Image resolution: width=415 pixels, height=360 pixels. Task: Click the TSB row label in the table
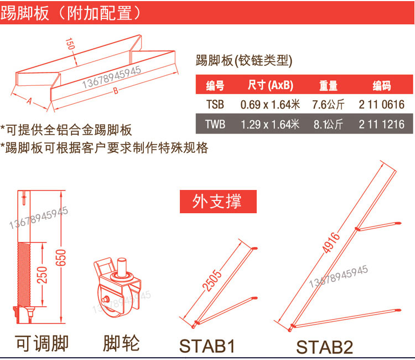click(215, 104)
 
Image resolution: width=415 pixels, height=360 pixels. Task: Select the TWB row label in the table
click(215, 124)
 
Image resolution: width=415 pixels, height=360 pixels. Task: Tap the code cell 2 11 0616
click(381, 104)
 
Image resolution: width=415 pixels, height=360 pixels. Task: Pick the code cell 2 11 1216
click(381, 124)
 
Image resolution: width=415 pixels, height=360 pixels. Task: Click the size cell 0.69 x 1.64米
click(270, 104)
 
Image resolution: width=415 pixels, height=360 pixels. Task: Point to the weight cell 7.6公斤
click(328, 104)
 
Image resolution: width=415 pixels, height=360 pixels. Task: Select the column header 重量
click(328, 85)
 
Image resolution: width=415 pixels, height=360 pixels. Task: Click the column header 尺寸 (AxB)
click(270, 85)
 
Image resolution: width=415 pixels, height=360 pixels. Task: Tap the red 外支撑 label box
click(218, 202)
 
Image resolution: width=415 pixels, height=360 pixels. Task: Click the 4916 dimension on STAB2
click(330, 243)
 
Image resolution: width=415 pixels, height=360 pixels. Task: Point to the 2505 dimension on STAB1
click(212, 280)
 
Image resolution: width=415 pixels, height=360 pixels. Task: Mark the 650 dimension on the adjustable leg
click(61, 258)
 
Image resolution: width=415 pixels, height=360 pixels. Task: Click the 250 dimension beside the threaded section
click(42, 275)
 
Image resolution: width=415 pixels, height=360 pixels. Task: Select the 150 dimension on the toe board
click(70, 44)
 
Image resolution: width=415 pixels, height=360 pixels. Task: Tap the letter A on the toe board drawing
click(29, 101)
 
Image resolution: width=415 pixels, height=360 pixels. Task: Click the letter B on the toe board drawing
click(116, 91)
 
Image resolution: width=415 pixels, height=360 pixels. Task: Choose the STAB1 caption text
click(207, 346)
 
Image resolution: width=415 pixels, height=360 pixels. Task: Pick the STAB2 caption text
click(324, 347)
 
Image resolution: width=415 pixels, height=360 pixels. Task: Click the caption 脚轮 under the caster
click(121, 343)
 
